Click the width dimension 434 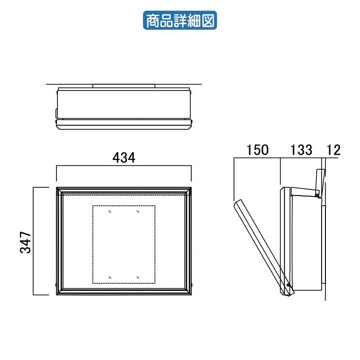(124, 158)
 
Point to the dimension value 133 (302, 150)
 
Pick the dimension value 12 (334, 150)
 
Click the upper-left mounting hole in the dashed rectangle (110, 212)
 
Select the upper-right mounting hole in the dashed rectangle (138, 212)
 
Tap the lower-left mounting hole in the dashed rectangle (110, 277)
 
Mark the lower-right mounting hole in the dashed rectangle (138, 277)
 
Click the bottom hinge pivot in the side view (288, 285)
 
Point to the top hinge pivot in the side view (317, 195)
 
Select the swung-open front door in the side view (262, 246)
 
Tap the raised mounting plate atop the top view (124, 86)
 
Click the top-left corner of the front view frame (57, 188)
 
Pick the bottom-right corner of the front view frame (192, 294)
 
